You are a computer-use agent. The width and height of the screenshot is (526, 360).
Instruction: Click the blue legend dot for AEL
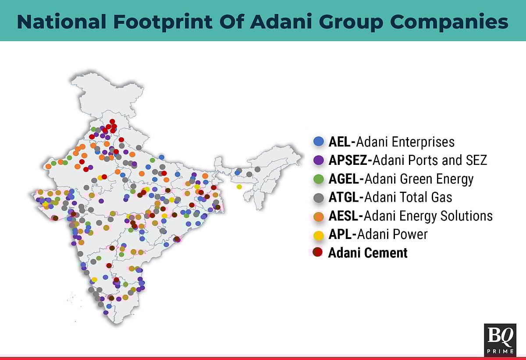pyautogui.click(x=319, y=142)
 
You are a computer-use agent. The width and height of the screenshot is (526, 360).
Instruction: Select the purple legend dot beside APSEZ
pyautogui.click(x=319, y=160)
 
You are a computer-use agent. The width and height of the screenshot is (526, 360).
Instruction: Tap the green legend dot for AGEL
pyautogui.click(x=319, y=179)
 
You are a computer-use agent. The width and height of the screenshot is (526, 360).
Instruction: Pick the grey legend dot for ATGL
pyautogui.click(x=319, y=197)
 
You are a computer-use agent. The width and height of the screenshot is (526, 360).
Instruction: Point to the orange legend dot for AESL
pyautogui.click(x=319, y=216)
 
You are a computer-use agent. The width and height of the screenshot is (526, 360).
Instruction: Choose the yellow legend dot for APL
pyautogui.click(x=319, y=235)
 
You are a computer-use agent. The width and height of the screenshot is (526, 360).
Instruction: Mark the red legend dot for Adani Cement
pyautogui.click(x=319, y=253)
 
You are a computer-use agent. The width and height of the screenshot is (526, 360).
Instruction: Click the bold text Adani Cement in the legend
pyautogui.click(x=368, y=253)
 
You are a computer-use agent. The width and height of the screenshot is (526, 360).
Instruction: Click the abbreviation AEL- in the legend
pyautogui.click(x=342, y=142)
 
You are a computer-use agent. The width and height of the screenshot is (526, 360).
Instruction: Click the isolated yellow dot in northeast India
pyautogui.click(x=239, y=187)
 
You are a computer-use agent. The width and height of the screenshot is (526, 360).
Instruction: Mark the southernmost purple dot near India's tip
pyautogui.click(x=106, y=313)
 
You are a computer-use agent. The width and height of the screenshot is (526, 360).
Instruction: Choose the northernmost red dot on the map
pyautogui.click(x=112, y=121)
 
